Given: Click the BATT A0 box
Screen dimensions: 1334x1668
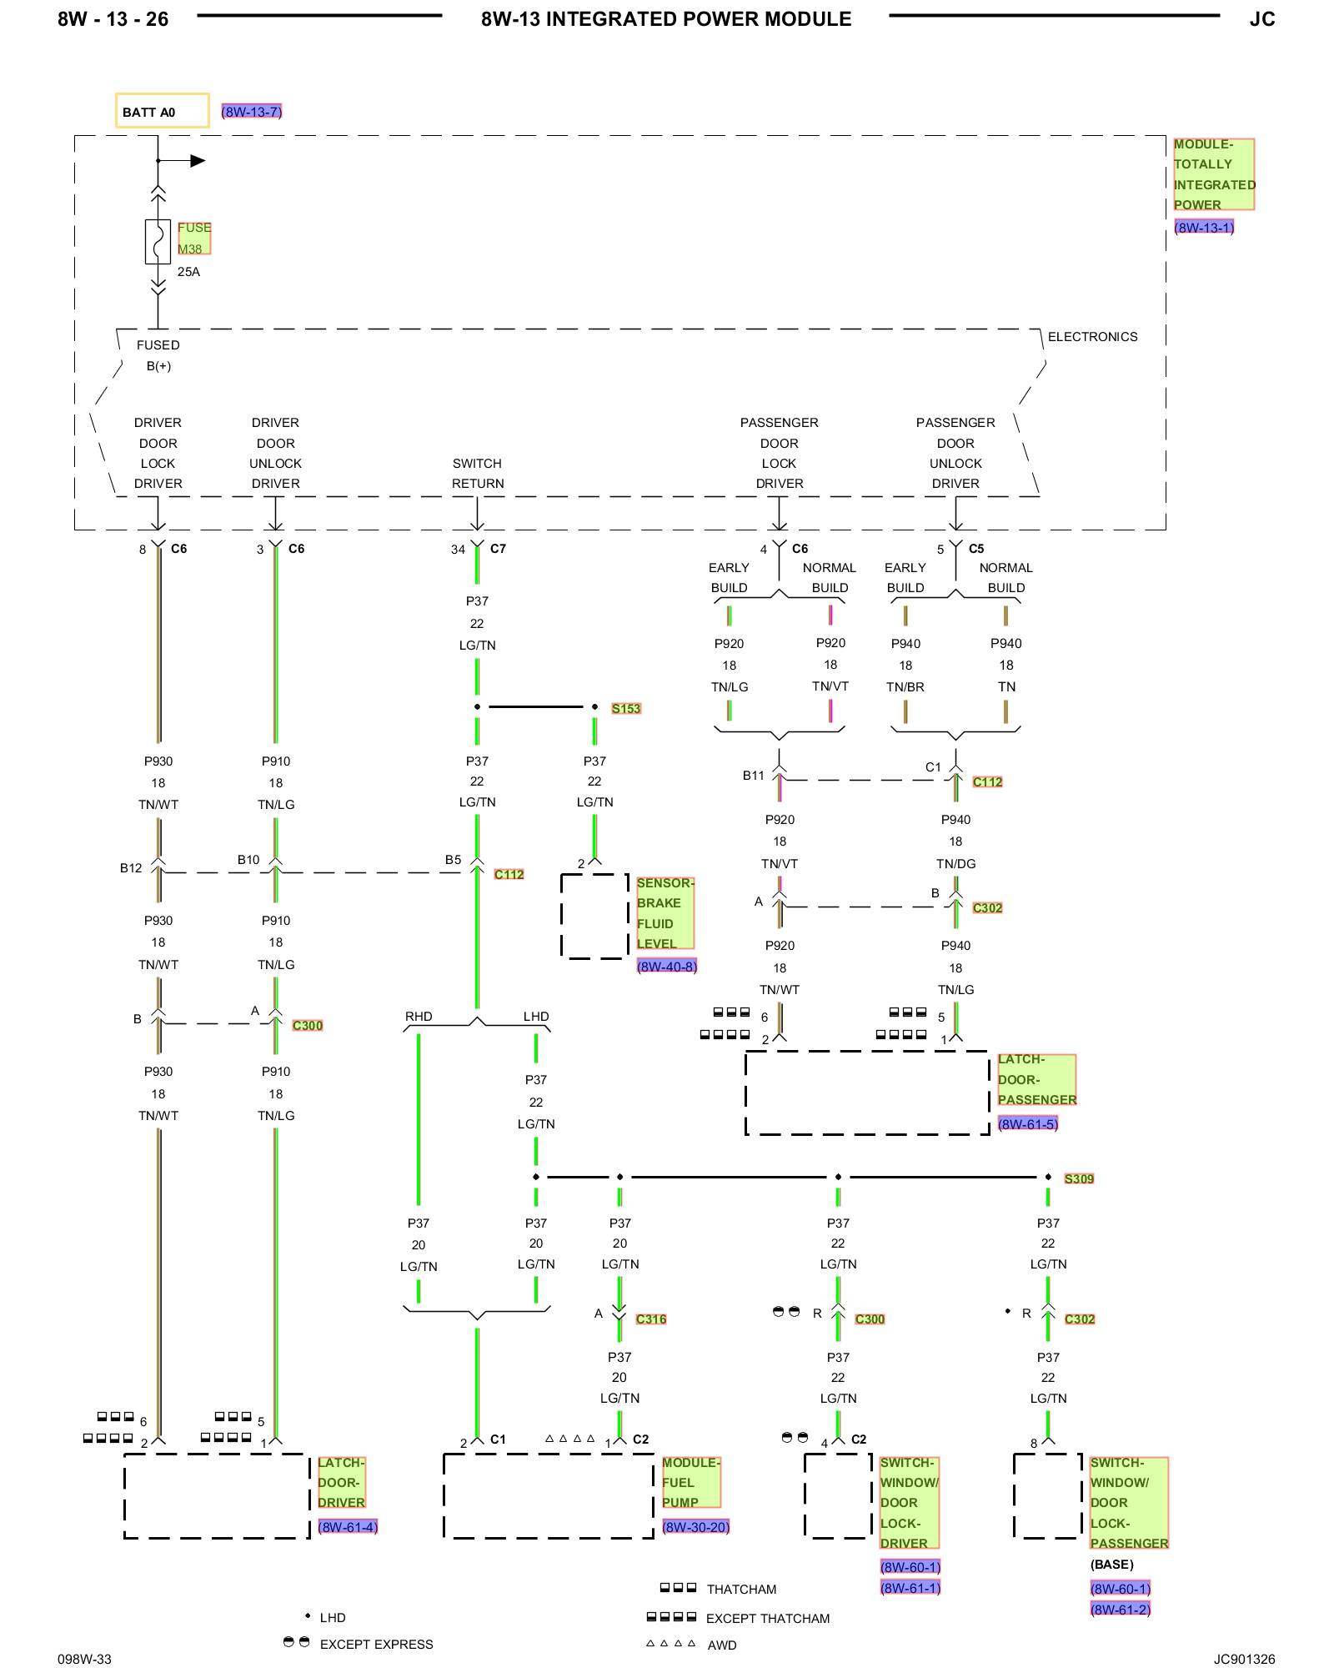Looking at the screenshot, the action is point(162,111).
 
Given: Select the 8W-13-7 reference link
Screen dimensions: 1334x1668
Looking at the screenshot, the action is point(252,112).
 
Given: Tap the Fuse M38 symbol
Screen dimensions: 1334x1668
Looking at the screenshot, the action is point(158,242).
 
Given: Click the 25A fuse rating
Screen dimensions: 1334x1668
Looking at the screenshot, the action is point(188,272).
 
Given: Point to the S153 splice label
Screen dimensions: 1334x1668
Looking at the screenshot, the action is point(626,709).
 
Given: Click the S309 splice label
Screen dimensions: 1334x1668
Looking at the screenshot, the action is point(1079,1178).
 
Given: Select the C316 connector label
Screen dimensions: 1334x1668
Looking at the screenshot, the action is point(651,1319).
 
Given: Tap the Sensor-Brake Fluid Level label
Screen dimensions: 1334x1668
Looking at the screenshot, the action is point(665,913).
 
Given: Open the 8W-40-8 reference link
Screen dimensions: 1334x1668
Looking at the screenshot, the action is point(667,967).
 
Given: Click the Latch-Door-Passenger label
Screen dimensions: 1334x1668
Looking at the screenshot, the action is point(1037,1079).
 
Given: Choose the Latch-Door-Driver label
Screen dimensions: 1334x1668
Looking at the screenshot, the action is point(341,1482).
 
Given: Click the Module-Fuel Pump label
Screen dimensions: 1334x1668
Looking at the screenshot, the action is point(691,1482).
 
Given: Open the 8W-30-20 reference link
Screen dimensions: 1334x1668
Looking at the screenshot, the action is point(696,1527).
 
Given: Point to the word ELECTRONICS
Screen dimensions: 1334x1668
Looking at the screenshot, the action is point(1092,337).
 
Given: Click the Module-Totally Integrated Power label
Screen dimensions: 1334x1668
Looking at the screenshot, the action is point(1214,174).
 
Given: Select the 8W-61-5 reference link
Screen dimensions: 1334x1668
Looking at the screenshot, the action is point(1028,1123).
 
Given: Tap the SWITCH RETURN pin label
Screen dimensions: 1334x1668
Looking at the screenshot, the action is point(478,474).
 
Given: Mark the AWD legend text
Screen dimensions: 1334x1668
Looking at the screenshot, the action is point(722,1645).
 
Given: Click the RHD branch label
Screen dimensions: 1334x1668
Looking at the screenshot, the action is point(419,1016).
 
